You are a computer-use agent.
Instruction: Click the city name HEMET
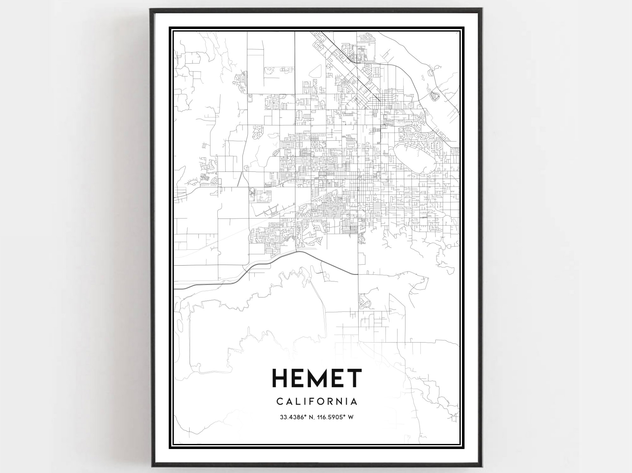(317, 378)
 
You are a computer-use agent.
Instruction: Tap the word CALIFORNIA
(317, 402)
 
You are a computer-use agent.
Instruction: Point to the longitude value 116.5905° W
(335, 417)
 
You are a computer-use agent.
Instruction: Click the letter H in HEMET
(281, 378)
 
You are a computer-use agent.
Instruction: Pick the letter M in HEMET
(319, 378)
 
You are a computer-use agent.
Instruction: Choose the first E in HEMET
(299, 378)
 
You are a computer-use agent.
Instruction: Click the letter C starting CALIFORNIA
(280, 402)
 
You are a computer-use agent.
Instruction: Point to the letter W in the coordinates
(350, 417)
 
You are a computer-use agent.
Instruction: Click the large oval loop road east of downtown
(415, 158)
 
